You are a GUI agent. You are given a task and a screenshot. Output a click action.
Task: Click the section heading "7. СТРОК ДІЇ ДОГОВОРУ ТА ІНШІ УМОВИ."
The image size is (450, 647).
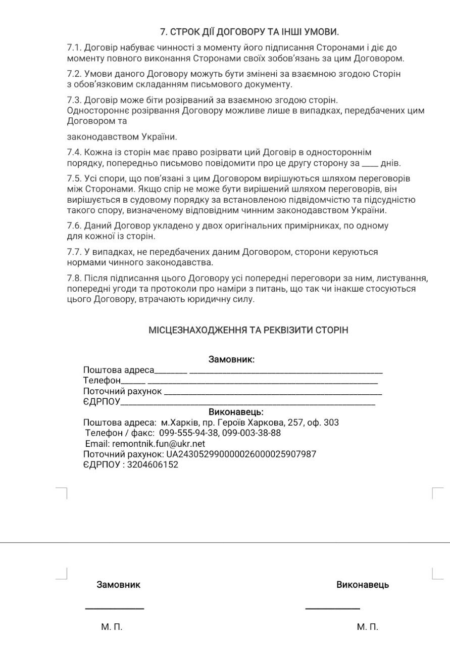coord(249,32)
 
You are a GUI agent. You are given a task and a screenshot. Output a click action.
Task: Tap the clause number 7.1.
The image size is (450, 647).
coord(74,48)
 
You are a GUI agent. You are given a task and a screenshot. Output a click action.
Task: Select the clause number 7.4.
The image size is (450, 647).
coord(74,153)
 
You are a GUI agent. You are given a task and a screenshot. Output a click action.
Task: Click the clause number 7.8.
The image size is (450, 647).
coord(74,278)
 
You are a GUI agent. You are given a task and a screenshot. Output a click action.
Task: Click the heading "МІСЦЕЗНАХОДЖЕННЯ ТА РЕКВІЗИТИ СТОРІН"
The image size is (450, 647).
coord(248,330)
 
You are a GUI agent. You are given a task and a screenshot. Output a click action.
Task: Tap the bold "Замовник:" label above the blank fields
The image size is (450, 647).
coord(231,360)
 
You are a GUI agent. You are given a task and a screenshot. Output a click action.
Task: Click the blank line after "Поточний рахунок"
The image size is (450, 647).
coord(273,393)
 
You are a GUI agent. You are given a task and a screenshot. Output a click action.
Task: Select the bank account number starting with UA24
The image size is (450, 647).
coord(241,454)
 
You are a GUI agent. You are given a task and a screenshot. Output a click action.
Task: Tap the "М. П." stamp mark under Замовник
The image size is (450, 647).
coord(112,627)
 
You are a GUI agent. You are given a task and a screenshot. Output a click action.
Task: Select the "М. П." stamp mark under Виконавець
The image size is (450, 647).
coord(367,627)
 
